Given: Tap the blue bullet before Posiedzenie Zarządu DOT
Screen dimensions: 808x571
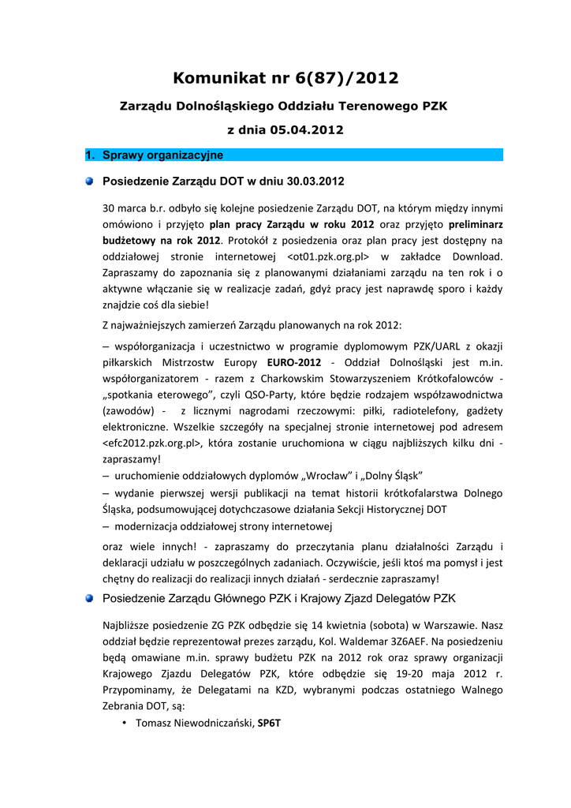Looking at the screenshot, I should coord(91,181).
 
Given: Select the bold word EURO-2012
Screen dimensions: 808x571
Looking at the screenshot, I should coord(294,362).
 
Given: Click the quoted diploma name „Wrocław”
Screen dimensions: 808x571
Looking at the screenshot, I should coord(323,476).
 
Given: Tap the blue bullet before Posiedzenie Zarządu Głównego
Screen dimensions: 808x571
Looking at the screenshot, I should coord(91,597).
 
